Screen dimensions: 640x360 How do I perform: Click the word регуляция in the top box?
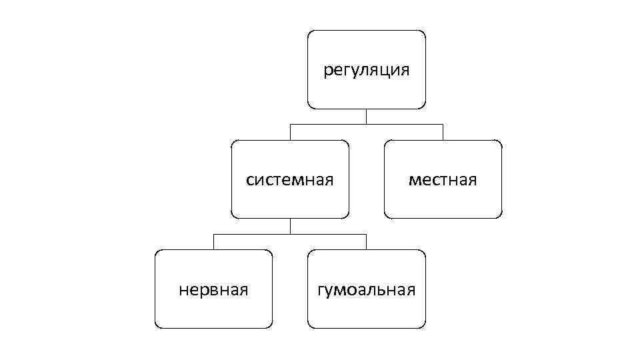pos(366,70)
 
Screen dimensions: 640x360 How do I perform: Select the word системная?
pos(289,180)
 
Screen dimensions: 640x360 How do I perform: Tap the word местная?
pos(443,180)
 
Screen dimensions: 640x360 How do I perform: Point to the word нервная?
pos(213,289)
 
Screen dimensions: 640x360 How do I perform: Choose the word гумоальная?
pos(366,289)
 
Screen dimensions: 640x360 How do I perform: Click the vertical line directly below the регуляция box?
pos(366,116)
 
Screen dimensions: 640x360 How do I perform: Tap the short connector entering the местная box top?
pos(443,132)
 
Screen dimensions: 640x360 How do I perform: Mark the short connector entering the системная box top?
pos(290,132)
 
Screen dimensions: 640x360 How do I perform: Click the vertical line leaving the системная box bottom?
pos(290,226)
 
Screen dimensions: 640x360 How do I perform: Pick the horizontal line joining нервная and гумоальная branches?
pos(290,234)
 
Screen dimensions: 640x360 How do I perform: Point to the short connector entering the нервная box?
pos(213,241)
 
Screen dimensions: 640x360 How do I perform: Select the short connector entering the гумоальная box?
pos(366,241)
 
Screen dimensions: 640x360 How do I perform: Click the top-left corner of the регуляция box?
pos(309,31)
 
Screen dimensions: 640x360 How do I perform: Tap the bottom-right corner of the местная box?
pos(500,217)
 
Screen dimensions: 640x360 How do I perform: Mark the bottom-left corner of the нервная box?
pos(156,327)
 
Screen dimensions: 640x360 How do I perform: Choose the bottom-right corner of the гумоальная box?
pos(423,327)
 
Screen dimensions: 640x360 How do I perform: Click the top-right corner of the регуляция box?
pos(423,31)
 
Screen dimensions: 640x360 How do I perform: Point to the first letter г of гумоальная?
pos(321,291)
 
